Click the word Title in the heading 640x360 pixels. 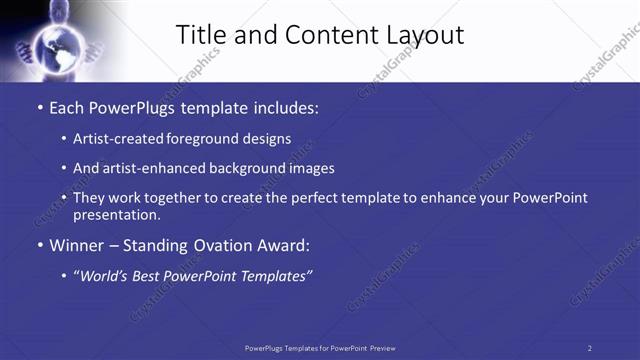click(x=201, y=35)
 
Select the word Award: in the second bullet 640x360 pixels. click(x=286, y=245)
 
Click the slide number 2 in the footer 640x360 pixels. click(x=590, y=348)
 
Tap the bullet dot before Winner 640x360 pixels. click(x=39, y=246)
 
